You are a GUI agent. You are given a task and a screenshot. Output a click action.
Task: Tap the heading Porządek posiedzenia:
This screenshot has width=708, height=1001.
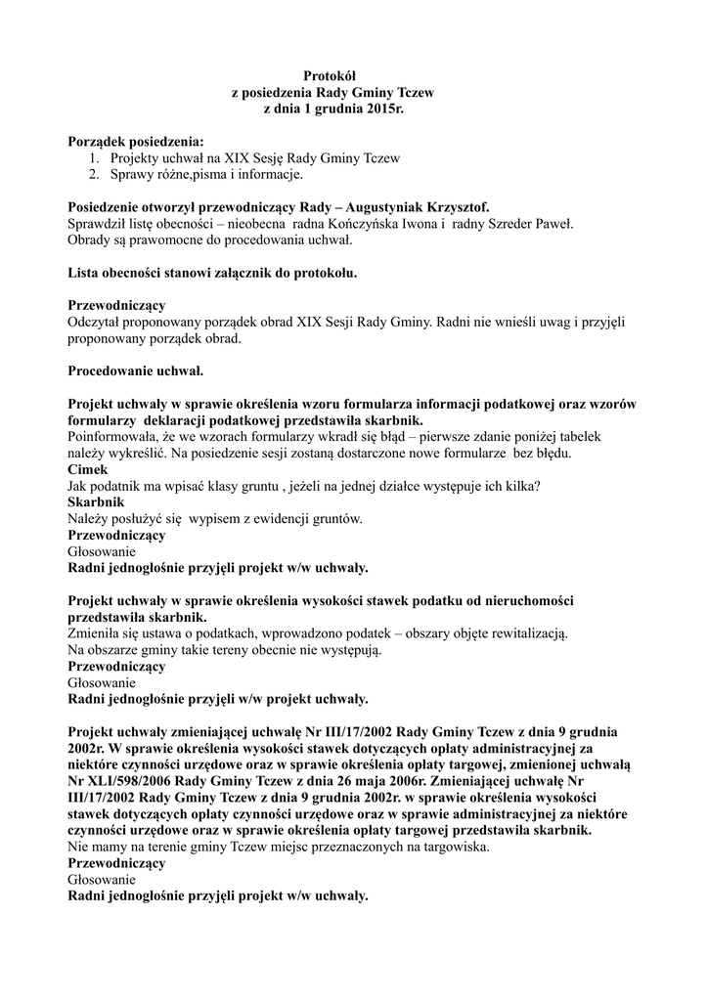click(x=136, y=142)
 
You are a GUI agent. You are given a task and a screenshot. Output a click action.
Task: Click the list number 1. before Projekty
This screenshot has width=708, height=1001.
click(x=94, y=158)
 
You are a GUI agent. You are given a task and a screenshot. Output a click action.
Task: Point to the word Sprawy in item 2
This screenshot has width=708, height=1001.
click(x=131, y=175)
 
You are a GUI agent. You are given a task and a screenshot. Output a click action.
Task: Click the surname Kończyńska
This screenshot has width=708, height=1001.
click(x=358, y=224)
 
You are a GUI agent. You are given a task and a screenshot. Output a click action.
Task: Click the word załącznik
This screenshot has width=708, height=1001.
click(x=253, y=273)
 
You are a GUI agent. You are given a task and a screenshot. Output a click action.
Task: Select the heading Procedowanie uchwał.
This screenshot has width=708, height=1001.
click(x=136, y=371)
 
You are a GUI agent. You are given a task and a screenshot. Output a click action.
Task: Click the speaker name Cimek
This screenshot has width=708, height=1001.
click(x=88, y=470)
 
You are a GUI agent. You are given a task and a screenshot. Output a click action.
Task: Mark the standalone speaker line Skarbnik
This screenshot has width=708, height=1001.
click(x=96, y=502)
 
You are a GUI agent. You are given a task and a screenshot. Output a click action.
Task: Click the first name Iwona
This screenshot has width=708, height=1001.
click(x=422, y=224)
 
